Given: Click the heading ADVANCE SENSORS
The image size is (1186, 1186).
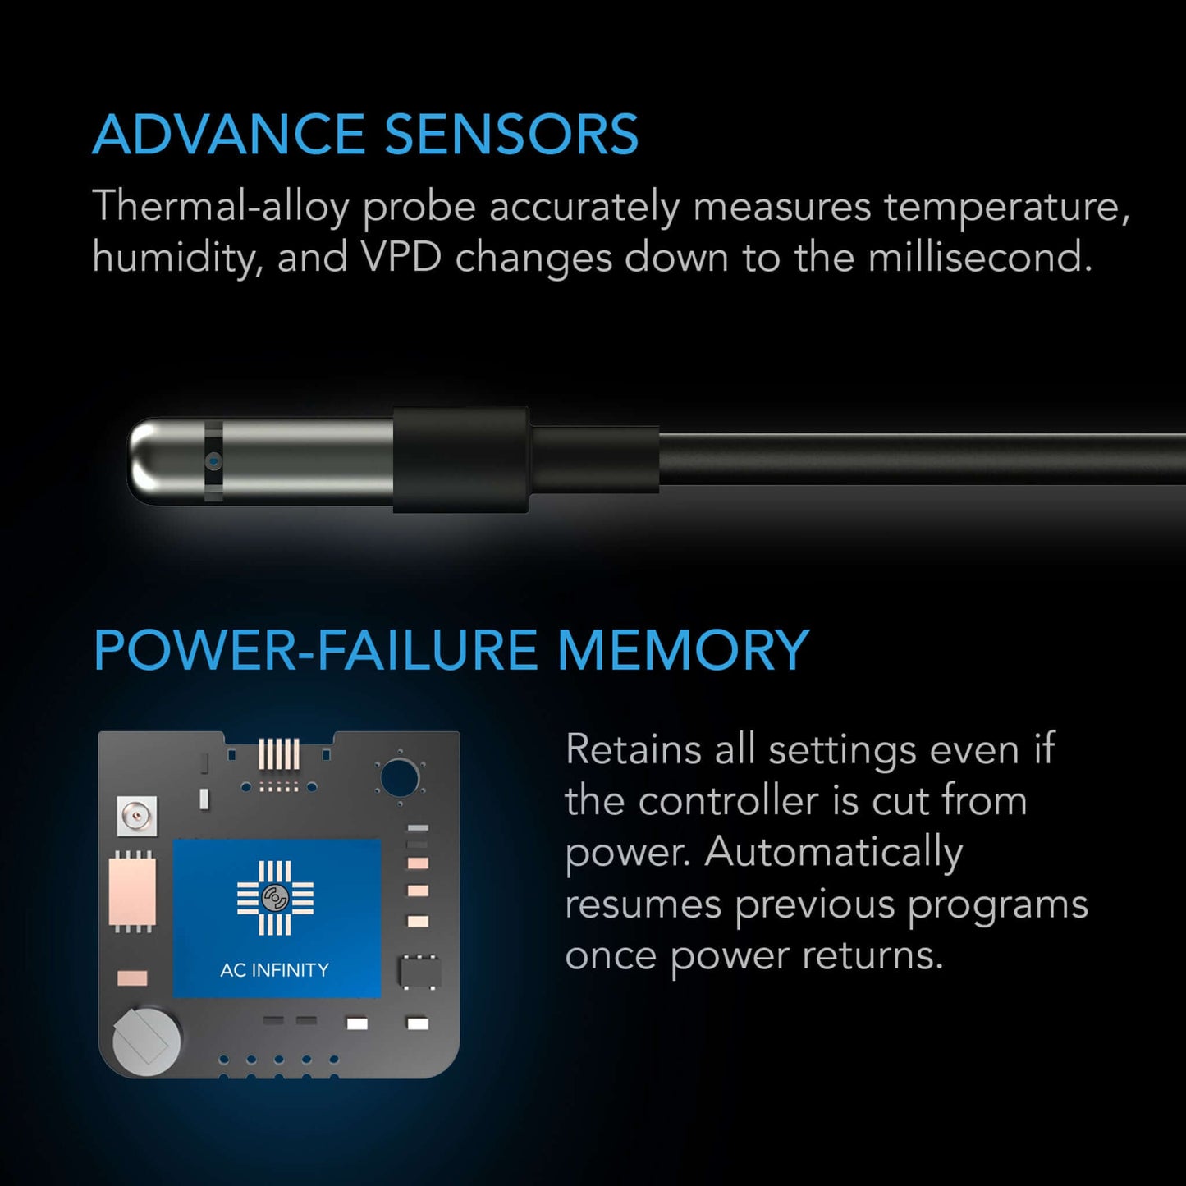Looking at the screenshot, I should (365, 135).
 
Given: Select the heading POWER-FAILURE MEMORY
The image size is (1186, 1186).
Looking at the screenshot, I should (451, 651).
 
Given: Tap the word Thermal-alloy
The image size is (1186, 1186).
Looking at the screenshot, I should (221, 207).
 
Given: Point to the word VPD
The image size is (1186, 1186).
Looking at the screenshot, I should (401, 258).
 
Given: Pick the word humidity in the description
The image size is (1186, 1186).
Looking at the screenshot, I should (176, 258).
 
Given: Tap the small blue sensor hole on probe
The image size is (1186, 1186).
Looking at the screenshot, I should (213, 461).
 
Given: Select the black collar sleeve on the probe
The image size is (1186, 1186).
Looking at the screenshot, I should (460, 460).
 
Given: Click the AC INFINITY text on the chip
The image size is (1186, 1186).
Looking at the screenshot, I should (274, 970).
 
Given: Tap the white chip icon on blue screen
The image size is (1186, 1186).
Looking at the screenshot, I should (275, 899).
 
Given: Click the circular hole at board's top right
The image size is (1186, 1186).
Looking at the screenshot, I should (400, 776).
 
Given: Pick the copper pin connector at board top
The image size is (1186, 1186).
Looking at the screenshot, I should (279, 754).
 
